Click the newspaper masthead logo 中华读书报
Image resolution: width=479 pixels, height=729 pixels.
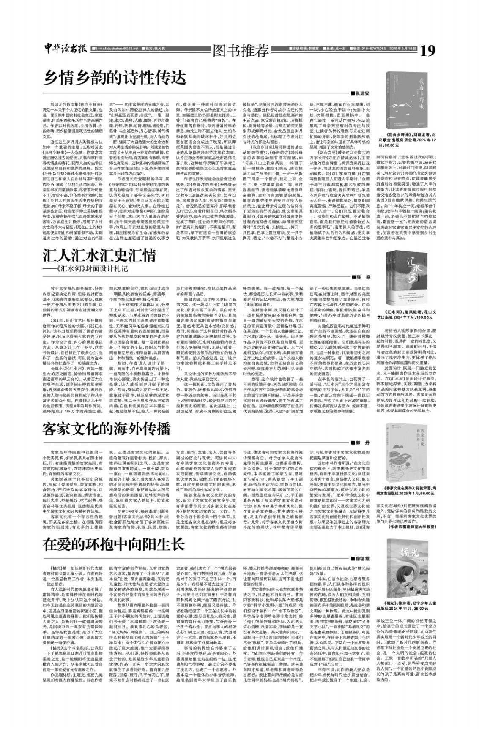[66, 49]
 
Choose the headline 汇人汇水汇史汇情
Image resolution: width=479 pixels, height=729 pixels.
[99, 256]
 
